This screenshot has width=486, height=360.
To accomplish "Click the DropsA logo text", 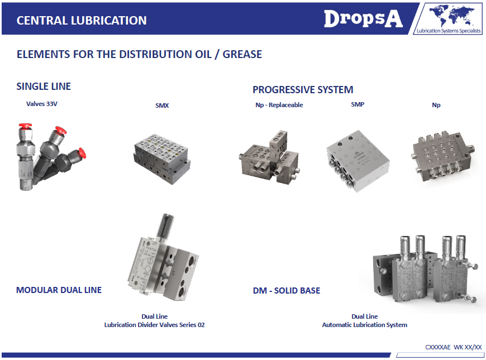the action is tap(363, 19).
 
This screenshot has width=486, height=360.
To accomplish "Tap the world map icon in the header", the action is tap(451, 16).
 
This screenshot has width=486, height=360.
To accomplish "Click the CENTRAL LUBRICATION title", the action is tap(82, 21).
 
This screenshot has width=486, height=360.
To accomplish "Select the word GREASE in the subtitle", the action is tap(242, 54).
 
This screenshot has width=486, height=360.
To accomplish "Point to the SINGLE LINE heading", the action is tap(44, 86).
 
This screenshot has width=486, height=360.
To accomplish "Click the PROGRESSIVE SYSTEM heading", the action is tap(303, 89).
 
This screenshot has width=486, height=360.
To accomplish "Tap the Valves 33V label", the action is tap(41, 104).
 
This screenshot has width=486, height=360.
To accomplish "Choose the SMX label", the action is tap(162, 105).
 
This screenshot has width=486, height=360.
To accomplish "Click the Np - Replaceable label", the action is tap(279, 105).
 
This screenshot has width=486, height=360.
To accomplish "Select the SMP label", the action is tap(358, 104).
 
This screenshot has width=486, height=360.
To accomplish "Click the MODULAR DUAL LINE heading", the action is tap(59, 290).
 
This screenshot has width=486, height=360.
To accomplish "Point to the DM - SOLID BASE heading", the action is tap(287, 291).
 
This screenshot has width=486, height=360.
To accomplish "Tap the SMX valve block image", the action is tap(162, 159).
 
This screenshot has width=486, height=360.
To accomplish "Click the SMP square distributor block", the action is tap(358, 161).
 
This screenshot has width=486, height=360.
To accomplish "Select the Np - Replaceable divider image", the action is tap(269, 157).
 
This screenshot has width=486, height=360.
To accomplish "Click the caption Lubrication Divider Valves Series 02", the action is tap(154, 325).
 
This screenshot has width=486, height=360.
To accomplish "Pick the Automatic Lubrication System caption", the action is tap(364, 325).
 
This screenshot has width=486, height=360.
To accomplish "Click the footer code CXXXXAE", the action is tap(437, 347).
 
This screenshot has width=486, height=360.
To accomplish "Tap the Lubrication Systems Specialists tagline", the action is tap(449, 31).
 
